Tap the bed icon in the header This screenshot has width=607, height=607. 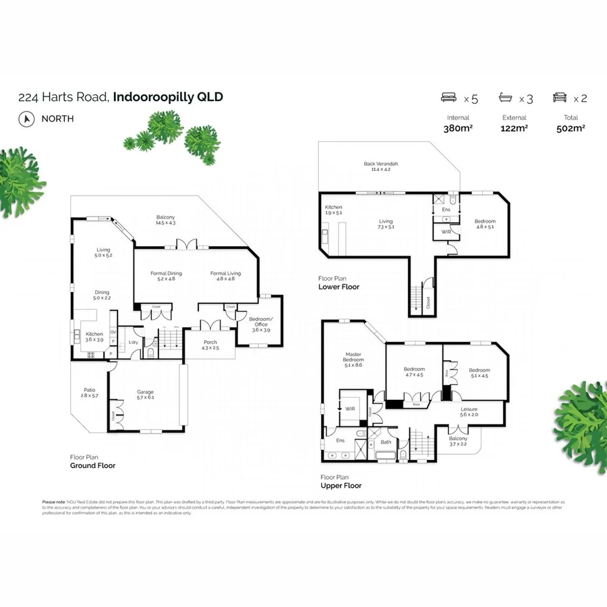point(450,98)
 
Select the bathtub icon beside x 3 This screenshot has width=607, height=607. point(506,98)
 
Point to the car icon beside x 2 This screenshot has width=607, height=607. point(559,98)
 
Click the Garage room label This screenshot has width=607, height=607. point(145,392)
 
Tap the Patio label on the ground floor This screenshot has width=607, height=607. point(90,390)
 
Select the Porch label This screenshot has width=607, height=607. point(210,342)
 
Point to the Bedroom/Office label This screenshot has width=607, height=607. point(260,321)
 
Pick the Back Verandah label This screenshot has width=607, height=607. point(381,164)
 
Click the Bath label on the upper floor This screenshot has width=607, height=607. point(386,442)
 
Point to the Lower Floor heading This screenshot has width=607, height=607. point(339,287)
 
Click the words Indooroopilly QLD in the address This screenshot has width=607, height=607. point(168,97)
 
